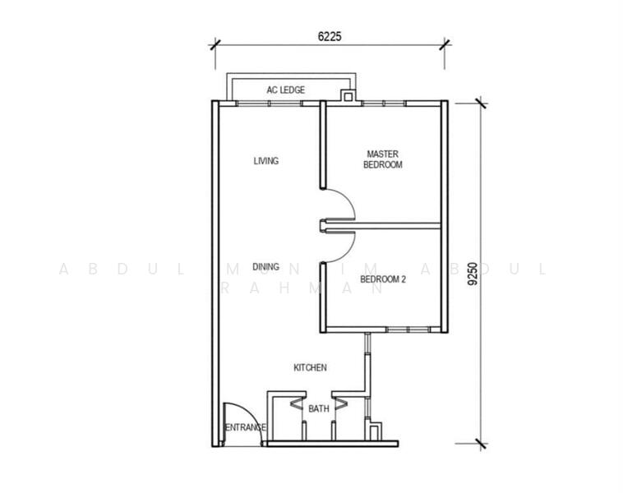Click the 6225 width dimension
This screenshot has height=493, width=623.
330,36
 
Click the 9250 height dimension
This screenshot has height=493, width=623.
473,274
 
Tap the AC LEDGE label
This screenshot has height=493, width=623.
286,90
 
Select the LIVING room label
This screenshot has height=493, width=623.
265,161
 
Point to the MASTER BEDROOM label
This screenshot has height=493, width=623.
383,159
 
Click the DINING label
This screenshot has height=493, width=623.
265,267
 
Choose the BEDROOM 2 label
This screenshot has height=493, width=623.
383,279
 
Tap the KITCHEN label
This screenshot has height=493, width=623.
310,368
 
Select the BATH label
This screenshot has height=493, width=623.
319,408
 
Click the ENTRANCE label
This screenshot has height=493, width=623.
245,427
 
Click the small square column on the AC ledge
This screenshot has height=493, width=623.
348,96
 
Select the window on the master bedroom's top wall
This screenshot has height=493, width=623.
384,104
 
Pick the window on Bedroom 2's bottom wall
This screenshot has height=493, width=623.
408,329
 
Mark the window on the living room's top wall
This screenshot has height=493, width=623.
269,104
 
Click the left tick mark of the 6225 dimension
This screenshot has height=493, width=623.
215,44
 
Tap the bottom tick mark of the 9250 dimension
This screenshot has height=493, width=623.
481,444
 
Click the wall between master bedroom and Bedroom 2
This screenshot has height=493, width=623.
383,226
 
